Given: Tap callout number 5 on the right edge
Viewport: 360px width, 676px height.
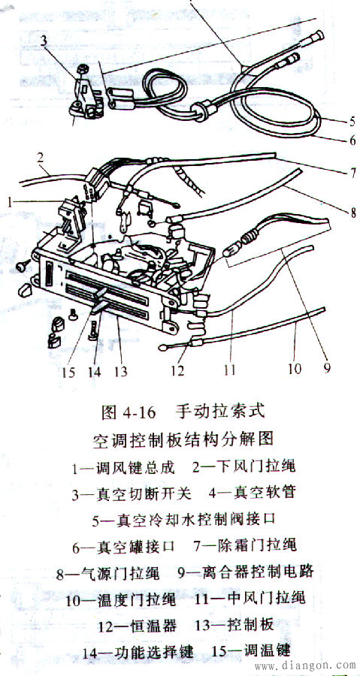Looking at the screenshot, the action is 352,121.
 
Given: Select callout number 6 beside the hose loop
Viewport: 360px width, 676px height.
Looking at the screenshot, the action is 352,140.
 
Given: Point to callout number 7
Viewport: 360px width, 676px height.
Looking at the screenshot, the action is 352,174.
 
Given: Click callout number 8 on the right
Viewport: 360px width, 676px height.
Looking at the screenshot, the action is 352,212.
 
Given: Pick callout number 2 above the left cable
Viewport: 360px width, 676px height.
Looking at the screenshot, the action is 41,158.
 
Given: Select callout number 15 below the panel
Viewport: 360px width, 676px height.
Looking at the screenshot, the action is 68,372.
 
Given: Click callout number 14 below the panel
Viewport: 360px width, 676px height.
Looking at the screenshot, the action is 94,372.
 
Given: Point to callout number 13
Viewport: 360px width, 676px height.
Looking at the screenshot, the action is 121,372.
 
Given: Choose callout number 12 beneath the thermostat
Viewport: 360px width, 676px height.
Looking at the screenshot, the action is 177,370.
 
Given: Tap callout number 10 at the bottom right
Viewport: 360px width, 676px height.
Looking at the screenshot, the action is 295,369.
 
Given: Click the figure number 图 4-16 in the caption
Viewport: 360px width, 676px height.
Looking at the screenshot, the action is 128,412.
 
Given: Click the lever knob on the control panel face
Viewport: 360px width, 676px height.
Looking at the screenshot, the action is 100,301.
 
